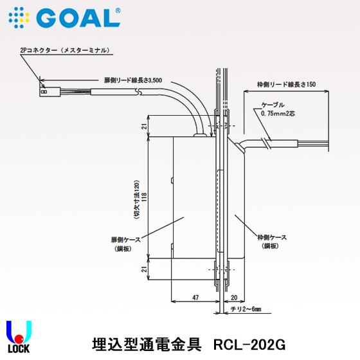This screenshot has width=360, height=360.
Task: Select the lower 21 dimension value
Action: tap(145, 270)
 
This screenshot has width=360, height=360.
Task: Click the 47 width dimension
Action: tap(195, 298)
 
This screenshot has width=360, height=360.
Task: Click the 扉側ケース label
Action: tap(122, 242)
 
